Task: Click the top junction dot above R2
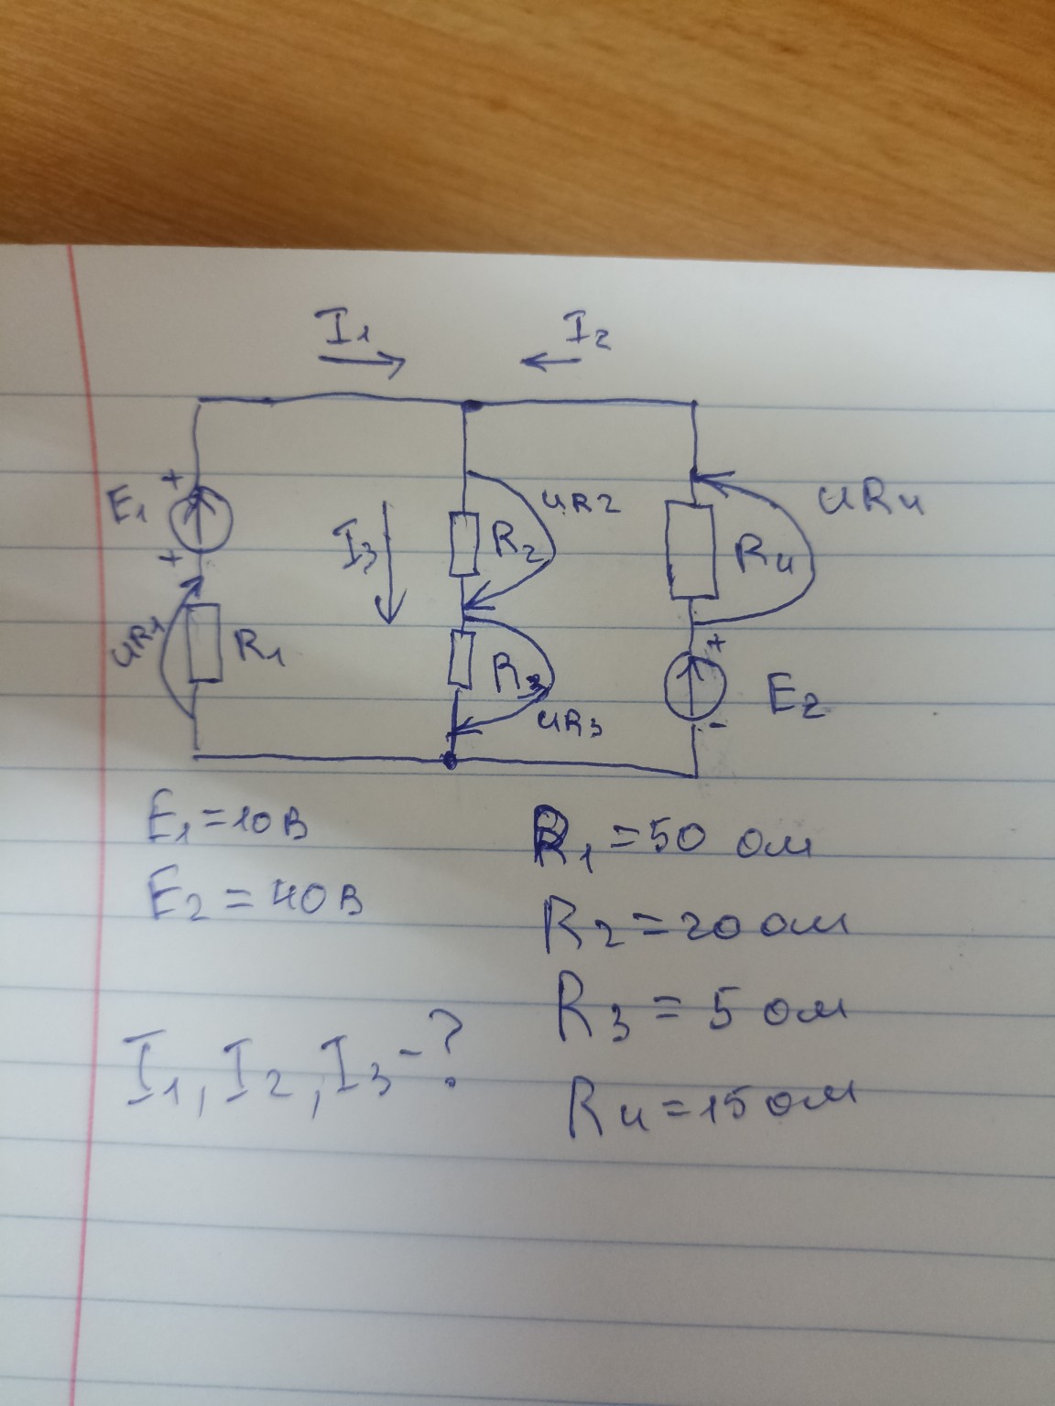tap(470, 403)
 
